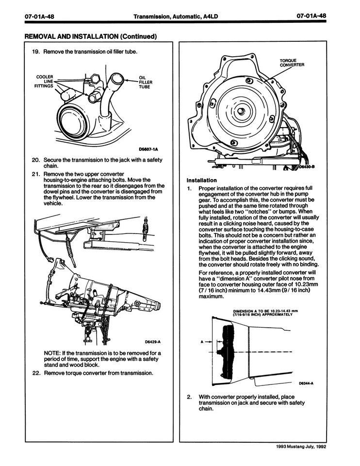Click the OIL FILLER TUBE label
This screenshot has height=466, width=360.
coord(146,82)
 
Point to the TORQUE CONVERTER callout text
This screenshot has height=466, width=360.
coord(292,64)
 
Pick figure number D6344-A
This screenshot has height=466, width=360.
coord(307,383)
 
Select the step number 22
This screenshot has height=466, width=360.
coord(35,373)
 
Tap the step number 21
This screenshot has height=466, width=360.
coord(35,174)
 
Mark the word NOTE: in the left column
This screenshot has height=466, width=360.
coord(52,352)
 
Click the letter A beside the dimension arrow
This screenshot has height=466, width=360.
coord(202,341)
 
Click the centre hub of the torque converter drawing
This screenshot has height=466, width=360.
coord(241,110)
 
